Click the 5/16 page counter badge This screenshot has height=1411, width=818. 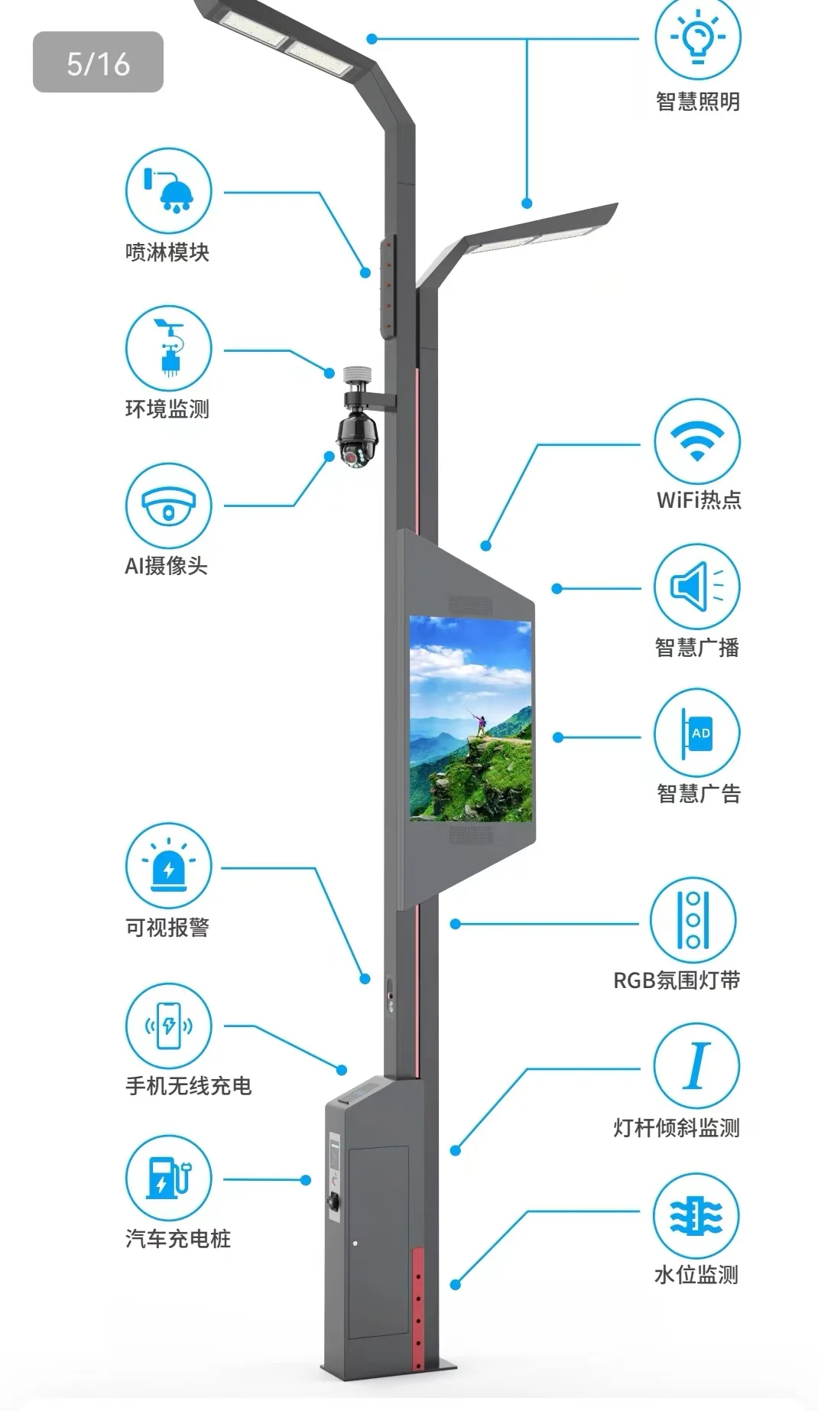click(98, 62)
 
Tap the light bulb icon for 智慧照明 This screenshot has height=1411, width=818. click(697, 36)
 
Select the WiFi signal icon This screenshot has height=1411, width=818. click(696, 441)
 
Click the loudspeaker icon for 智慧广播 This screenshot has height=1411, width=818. click(696, 587)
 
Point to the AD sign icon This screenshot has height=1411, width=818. click(696, 733)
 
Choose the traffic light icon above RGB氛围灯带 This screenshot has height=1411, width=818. click(693, 919)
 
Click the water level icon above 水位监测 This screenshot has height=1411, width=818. click(696, 1215)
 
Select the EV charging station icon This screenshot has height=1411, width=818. click(168, 1178)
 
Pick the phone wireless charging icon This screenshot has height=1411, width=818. click(168, 1026)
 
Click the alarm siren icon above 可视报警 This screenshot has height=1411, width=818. click(168, 866)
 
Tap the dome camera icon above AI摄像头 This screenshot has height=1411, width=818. click(168, 506)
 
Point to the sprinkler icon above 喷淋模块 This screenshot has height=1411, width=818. click(168, 190)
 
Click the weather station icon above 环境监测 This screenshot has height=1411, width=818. click(168, 348)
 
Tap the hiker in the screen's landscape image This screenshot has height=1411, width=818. click(481, 723)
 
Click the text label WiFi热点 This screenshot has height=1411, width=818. click(699, 500)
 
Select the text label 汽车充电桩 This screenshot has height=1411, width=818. click(177, 1238)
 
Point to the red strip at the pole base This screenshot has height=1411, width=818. click(417, 1308)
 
